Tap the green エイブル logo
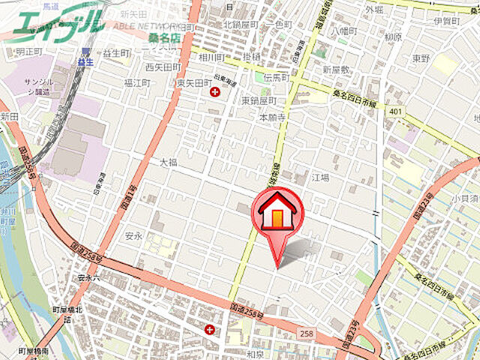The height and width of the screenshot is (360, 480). pyautogui.click(x=56, y=22)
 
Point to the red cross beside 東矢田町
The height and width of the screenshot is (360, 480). pyautogui.click(x=216, y=92)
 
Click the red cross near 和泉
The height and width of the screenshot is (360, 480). pyautogui.click(x=209, y=328)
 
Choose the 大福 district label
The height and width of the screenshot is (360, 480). pyautogui.click(x=168, y=161)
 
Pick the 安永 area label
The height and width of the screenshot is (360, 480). pyautogui.click(x=133, y=236)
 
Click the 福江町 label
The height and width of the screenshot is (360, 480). pyautogui.click(x=138, y=83)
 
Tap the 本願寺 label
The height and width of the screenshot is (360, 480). pyautogui.click(x=274, y=118)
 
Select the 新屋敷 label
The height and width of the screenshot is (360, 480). pyautogui.click(x=337, y=69)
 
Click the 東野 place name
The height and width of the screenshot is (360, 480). pyautogui.click(x=420, y=57)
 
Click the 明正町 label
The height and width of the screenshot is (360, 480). pyautogui.click(x=28, y=52)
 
